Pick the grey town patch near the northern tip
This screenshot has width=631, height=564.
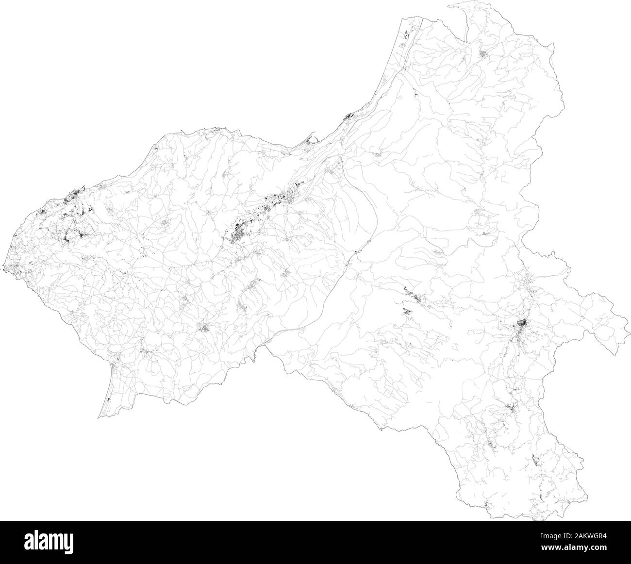485,53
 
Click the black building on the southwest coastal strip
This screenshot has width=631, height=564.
108,399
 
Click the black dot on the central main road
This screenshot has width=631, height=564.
356,251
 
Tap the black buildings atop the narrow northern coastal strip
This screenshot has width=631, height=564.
407,34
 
